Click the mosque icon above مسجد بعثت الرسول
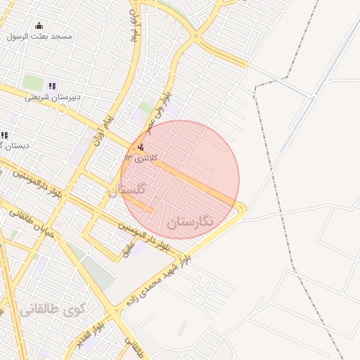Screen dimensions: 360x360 [x=39, y=26]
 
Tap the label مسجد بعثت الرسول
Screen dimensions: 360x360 [x=45, y=37]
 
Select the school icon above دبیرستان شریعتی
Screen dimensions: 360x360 [x=52, y=86]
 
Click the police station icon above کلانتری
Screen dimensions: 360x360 [x=142, y=147]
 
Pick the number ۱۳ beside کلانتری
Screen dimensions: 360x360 [x=128, y=157]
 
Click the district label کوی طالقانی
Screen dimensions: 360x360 [x=51, y=309]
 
